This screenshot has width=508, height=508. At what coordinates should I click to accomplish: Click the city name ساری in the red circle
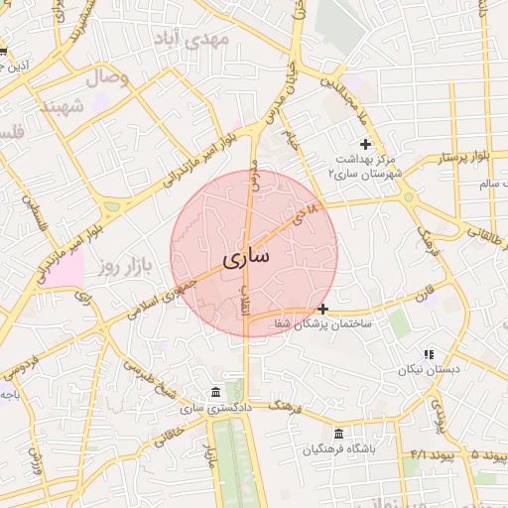[x=244, y=259]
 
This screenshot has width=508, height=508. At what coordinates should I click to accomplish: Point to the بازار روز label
[x=123, y=267]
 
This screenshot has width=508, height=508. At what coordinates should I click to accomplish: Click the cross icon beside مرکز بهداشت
[x=365, y=145]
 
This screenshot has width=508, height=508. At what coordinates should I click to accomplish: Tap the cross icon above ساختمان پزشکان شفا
[x=322, y=309]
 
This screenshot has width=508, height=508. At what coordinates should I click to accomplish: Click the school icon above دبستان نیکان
[x=429, y=354]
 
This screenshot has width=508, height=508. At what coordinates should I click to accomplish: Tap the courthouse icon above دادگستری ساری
[x=217, y=393]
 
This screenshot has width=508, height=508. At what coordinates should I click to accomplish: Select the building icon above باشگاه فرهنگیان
[x=339, y=435]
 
